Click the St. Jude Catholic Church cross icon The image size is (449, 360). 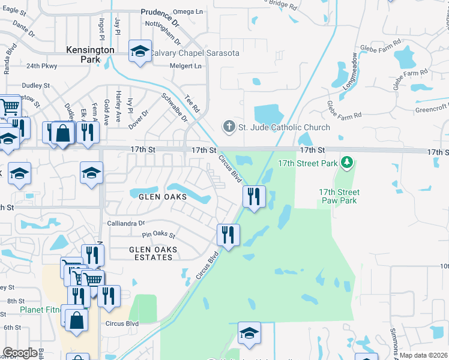point(229,127)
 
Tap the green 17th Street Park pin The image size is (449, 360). point(346,162)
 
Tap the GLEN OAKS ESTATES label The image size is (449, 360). point(151,253)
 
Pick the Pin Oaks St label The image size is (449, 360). point(158,235)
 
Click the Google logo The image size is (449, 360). point(20,353)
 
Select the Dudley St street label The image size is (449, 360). point(35,86)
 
